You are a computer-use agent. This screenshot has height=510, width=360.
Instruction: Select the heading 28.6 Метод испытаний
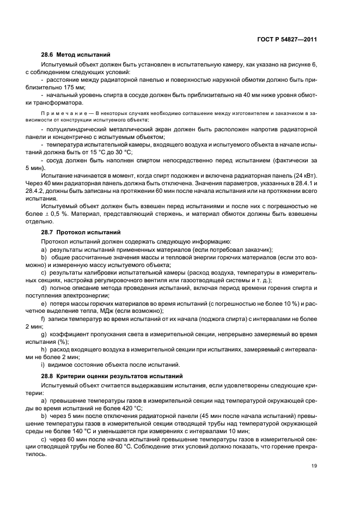(76, 55)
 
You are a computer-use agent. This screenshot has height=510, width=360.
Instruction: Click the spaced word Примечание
(63, 114)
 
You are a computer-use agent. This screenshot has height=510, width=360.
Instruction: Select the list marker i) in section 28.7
(43, 365)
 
